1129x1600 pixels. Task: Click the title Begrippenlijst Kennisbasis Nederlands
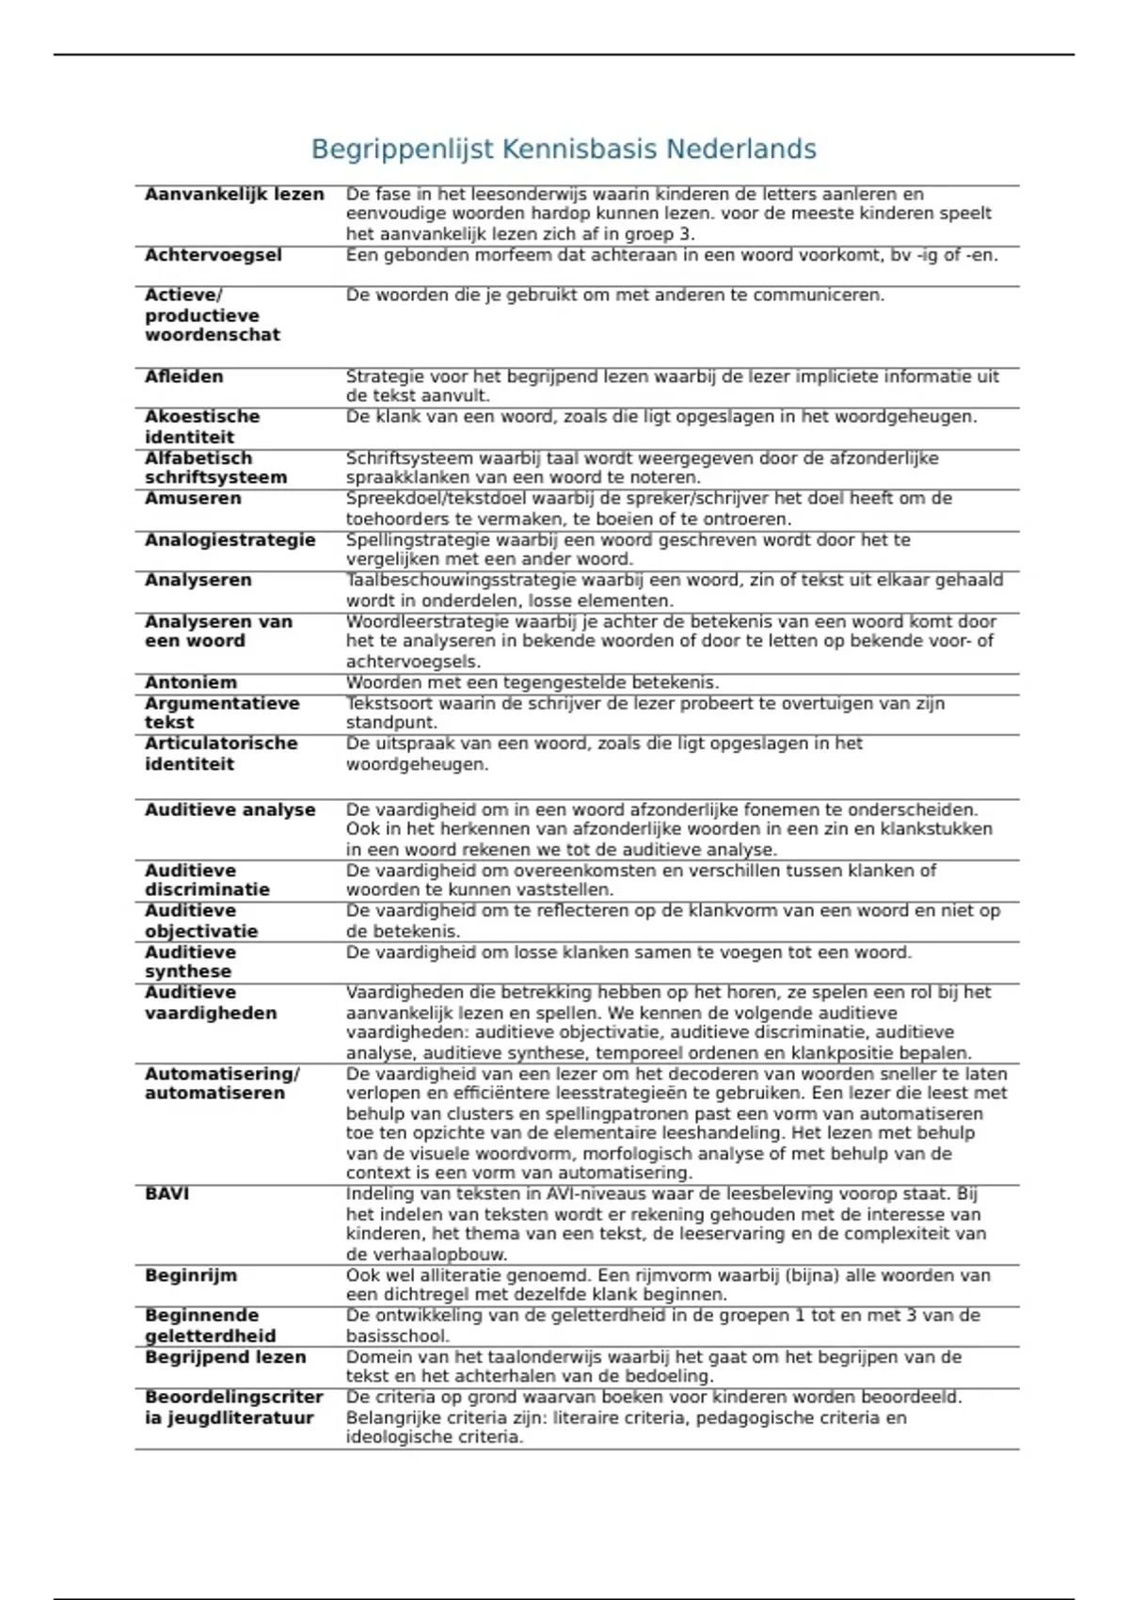coord(564,149)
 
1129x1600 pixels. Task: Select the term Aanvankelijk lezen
coord(234,195)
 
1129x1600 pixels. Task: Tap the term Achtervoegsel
coord(213,255)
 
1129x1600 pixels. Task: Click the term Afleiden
coord(183,376)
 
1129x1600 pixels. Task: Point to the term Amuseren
coord(193,499)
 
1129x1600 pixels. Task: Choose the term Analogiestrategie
coord(230,540)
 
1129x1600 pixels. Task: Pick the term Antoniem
coord(190,682)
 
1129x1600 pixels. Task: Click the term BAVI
coord(167,1193)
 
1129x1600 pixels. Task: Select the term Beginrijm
coord(190,1275)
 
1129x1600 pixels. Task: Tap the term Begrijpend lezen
coord(225,1357)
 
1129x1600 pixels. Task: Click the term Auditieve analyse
coord(230,809)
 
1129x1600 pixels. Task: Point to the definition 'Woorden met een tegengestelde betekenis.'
coord(532,682)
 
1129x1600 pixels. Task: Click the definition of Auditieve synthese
coord(628,952)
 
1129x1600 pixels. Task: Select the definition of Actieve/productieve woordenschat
coord(614,296)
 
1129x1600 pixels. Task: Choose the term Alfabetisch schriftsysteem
coord(215,468)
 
